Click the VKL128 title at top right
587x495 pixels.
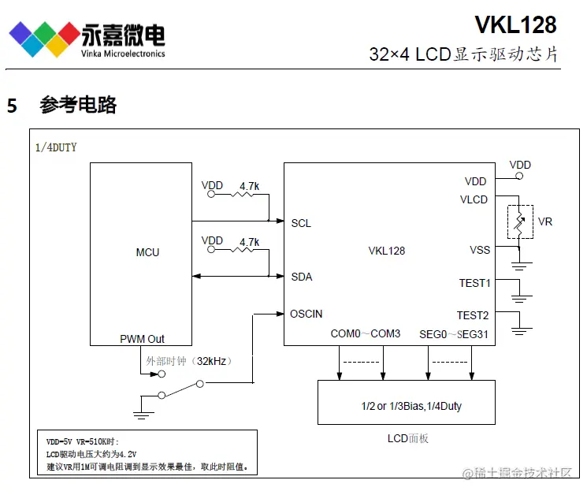point(515,25)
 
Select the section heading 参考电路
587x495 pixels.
point(78,105)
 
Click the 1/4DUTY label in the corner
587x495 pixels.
point(57,147)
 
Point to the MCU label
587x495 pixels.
point(147,252)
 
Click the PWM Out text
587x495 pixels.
point(143,339)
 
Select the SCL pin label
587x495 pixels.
point(301,223)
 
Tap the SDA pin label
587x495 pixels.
point(302,277)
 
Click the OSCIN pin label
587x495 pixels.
point(307,314)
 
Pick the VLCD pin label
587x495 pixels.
point(474,199)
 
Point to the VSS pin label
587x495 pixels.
point(479,250)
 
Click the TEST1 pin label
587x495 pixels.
point(474,282)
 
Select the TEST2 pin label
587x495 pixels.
point(474,314)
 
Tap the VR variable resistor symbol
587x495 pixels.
point(519,222)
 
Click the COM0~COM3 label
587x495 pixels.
point(366,333)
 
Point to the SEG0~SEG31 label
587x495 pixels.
point(454,333)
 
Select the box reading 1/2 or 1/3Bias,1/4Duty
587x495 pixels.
point(406,406)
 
